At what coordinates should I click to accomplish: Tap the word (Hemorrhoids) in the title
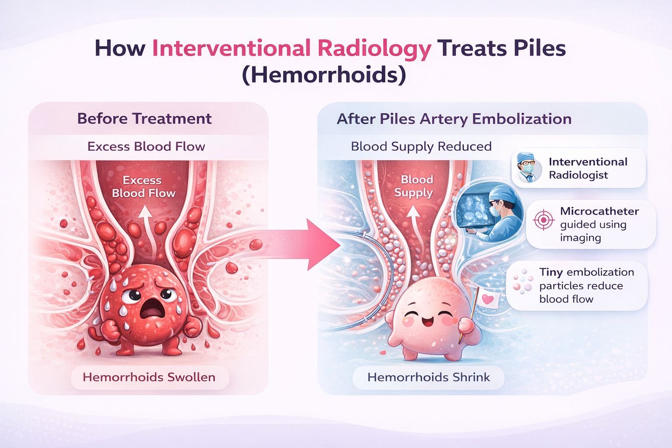click(324, 75)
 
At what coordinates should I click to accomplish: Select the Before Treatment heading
click(144, 119)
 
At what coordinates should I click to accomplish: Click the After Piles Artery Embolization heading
click(454, 119)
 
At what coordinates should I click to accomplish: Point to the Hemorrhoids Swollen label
click(149, 377)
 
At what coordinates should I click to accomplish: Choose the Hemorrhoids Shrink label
click(428, 377)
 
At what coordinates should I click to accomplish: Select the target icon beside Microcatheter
click(543, 220)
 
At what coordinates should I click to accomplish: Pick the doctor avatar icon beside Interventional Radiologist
click(526, 168)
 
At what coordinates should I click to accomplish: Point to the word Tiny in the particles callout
click(551, 272)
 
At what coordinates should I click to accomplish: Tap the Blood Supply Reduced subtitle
click(421, 147)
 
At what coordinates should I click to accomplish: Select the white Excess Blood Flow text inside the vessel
click(143, 187)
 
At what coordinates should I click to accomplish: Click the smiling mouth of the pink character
click(425, 322)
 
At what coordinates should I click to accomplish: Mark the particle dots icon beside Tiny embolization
click(523, 281)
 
